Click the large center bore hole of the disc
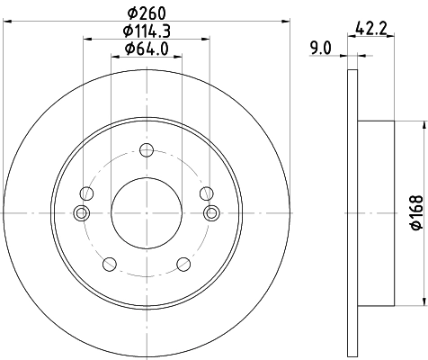tap(147, 212)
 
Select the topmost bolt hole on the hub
tap(147, 152)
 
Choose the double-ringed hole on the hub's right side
tap(213, 212)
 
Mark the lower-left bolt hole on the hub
tap(111, 263)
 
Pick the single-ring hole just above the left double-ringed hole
tap(87, 193)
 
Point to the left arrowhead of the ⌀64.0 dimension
tap(114, 56)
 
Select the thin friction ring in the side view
tap(352, 212)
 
